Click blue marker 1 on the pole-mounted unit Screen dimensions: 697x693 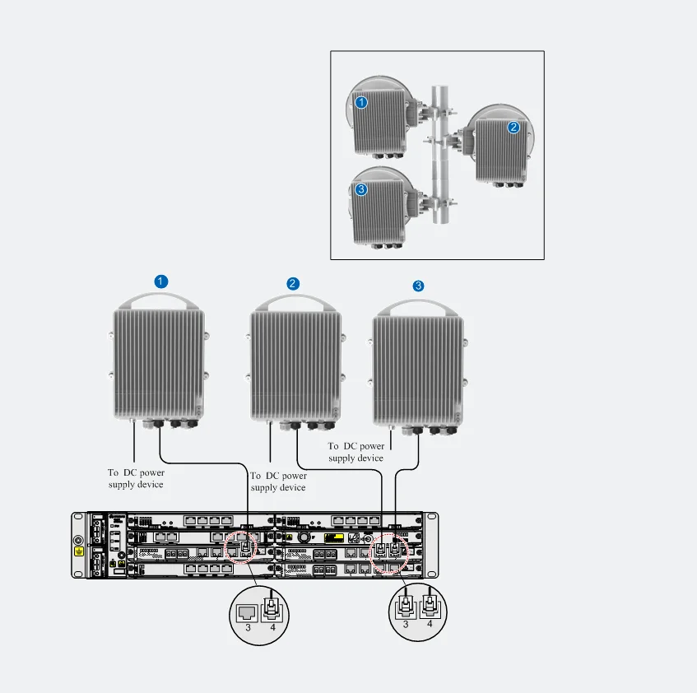361,103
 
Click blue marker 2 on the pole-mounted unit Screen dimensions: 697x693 513,128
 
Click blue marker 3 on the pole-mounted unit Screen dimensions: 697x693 361,190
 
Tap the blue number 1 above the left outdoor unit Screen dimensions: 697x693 161,281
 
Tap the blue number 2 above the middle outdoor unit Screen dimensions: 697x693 292,284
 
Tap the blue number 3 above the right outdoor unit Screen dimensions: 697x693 418,286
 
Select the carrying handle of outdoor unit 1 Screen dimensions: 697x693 159,296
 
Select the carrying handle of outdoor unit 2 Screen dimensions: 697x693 295,299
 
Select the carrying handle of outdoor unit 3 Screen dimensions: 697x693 417,304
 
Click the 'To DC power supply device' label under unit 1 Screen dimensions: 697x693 136,478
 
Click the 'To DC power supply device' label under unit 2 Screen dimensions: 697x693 278,481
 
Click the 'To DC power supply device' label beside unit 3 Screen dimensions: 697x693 356,452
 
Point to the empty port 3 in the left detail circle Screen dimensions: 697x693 247,613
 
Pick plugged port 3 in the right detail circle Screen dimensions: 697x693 406,606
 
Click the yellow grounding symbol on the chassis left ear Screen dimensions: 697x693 79,552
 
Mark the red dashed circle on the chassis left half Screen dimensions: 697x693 241,547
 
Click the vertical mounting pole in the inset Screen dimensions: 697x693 440,155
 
